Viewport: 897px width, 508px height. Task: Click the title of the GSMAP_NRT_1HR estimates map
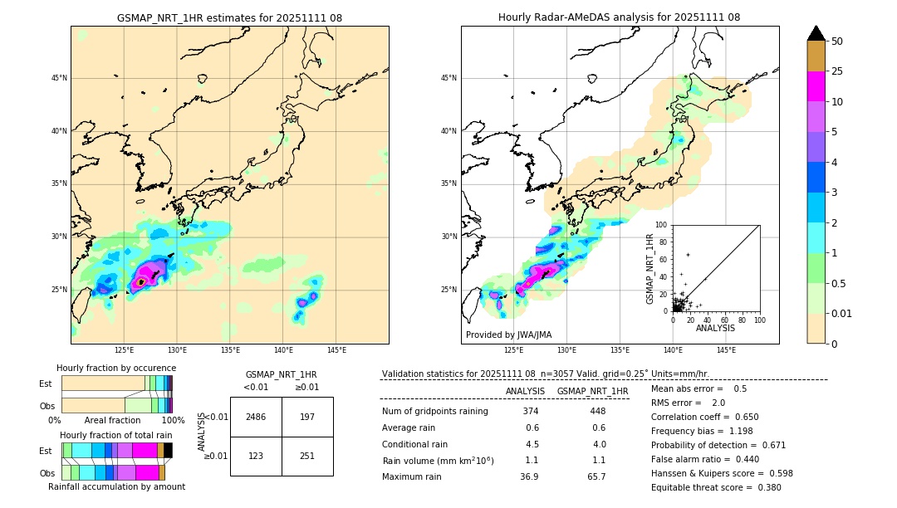(229, 17)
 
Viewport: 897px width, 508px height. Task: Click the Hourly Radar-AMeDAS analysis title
(619, 17)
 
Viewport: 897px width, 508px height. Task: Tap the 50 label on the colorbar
(837, 42)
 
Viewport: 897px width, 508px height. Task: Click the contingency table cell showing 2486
(256, 417)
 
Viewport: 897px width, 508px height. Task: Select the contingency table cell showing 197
(307, 417)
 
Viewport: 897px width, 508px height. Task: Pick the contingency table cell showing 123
(256, 456)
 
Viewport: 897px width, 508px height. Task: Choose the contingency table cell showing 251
(307, 456)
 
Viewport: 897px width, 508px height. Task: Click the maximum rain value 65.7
(596, 476)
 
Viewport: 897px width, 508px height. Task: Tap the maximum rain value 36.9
(530, 476)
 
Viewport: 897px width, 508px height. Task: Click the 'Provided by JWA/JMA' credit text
(508, 335)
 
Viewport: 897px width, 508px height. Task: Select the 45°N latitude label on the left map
(59, 78)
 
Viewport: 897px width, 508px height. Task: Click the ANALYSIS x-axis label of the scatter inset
(715, 328)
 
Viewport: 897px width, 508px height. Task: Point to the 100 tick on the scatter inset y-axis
(661, 225)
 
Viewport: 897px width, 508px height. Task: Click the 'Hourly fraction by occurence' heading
(116, 368)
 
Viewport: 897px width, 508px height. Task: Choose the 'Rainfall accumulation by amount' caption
(116, 486)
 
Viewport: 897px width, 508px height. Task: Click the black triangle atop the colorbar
(816, 33)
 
